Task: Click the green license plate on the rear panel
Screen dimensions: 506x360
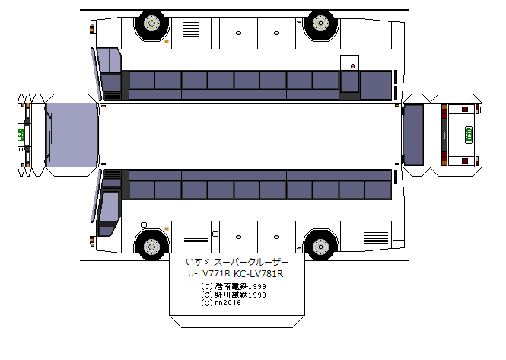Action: (468, 135)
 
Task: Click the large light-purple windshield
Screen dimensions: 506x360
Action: (72, 135)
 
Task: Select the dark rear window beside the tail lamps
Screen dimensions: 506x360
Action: (413, 135)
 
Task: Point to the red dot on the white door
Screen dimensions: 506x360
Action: (352, 66)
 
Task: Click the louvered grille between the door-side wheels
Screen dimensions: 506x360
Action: (192, 29)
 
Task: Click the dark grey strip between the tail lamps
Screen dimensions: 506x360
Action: (442, 135)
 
